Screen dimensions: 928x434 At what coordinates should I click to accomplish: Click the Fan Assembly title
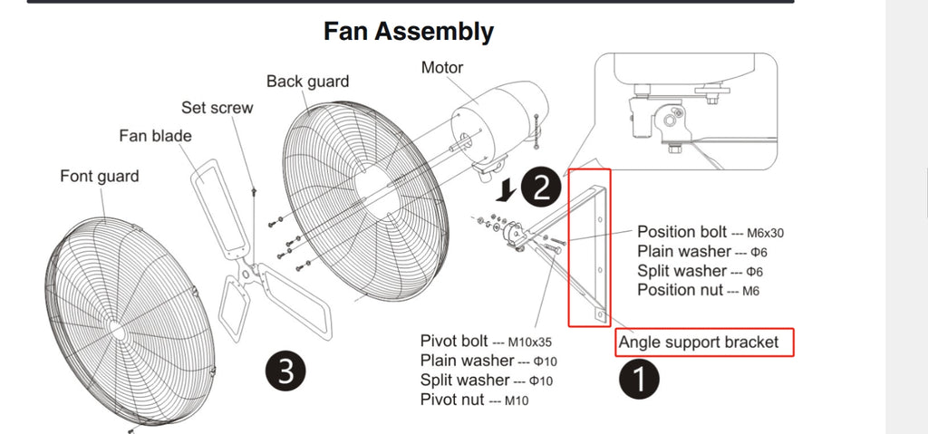409,32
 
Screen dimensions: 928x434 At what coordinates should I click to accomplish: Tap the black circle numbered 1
639,379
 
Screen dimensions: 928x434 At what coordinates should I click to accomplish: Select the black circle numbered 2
541,187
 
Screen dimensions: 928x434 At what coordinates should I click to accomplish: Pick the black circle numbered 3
285,371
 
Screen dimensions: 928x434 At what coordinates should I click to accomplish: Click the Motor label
442,67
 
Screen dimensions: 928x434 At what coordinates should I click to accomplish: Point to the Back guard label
308,82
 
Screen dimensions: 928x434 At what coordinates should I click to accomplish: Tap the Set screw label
217,107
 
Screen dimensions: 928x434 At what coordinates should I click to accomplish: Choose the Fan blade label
156,136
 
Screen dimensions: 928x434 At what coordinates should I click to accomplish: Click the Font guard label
100,177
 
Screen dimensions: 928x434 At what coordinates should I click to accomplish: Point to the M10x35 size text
529,342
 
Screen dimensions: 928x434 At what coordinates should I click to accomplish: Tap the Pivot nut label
452,399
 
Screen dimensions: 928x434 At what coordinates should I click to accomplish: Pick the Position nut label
680,290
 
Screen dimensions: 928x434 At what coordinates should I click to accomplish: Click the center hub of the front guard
117,331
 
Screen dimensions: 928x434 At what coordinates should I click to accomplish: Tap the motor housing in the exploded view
500,121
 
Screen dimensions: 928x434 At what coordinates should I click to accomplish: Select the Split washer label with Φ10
487,381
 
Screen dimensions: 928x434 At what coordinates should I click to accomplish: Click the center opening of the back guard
379,190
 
